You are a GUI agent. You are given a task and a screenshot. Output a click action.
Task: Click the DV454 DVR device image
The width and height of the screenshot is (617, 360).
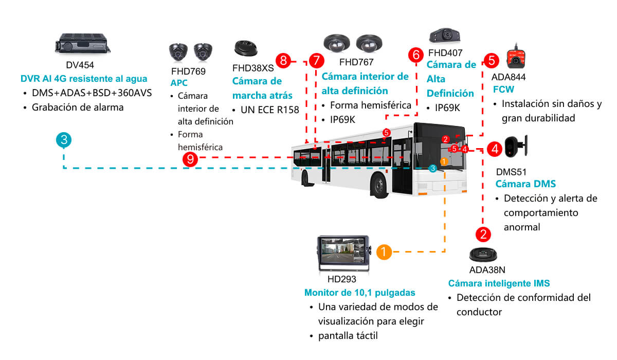click(x=83, y=43)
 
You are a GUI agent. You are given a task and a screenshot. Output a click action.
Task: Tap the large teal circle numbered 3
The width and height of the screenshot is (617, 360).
click(x=64, y=140)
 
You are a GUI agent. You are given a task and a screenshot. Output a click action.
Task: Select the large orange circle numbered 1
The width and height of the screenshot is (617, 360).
click(x=384, y=252)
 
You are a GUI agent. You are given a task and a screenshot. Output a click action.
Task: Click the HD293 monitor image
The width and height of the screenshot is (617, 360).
click(x=344, y=254)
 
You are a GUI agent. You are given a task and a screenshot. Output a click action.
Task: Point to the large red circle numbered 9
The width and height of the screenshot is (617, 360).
click(x=190, y=159)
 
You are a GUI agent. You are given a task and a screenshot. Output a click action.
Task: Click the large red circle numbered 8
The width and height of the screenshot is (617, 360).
click(x=284, y=61)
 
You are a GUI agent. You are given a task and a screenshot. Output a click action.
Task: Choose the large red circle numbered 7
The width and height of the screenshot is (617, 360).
click(x=316, y=61)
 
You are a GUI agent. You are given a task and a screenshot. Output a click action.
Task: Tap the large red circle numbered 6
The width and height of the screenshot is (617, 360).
click(x=416, y=55)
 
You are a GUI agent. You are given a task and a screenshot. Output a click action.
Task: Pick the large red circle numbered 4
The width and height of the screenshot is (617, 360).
click(x=495, y=149)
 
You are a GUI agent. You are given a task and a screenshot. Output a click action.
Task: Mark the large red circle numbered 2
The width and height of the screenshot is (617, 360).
click(x=483, y=235)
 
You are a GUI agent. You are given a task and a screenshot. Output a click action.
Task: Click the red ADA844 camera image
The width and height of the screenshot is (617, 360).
click(x=516, y=57)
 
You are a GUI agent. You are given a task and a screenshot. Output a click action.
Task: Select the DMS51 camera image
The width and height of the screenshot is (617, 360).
click(x=516, y=146)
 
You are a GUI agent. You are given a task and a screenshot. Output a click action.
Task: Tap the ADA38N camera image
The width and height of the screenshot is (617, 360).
click(x=483, y=255)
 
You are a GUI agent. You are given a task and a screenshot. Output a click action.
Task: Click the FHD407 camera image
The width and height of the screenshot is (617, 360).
click(x=445, y=36)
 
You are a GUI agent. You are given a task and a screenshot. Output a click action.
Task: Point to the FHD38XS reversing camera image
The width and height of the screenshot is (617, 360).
click(x=246, y=48)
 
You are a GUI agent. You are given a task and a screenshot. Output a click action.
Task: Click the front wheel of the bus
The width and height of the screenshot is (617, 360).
click(x=379, y=185)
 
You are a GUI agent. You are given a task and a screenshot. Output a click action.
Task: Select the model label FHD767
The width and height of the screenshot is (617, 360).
click(x=356, y=62)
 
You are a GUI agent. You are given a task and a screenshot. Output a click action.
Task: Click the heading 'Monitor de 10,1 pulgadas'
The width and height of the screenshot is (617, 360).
click(x=360, y=293)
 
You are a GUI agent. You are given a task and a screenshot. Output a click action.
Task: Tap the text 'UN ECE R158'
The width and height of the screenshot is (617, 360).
click(x=269, y=110)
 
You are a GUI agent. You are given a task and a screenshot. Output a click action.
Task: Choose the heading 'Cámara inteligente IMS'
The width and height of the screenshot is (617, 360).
click(x=499, y=283)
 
